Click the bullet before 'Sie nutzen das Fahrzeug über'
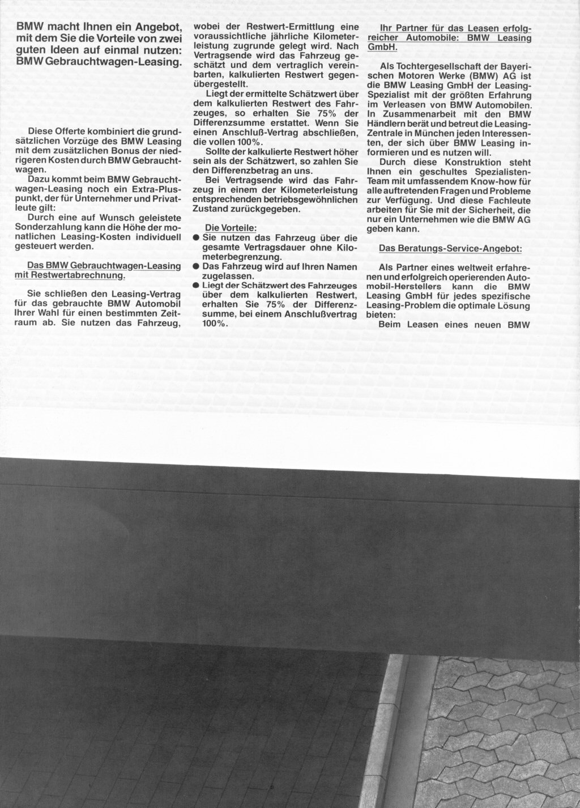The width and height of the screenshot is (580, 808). pyautogui.click(x=196, y=238)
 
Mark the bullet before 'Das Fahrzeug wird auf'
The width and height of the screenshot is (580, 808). pyautogui.click(x=196, y=266)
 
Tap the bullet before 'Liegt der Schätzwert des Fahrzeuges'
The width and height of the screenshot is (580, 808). pyautogui.click(x=196, y=286)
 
